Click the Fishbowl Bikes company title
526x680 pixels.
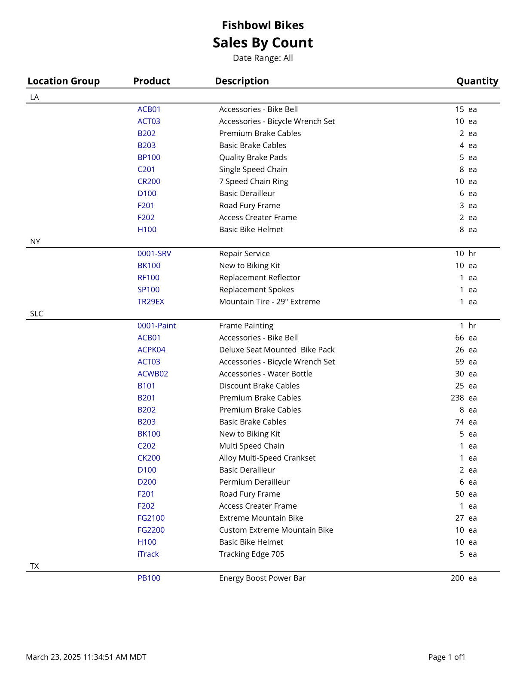click(x=263, y=25)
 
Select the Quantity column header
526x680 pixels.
click(x=477, y=81)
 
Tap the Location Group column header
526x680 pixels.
click(x=64, y=81)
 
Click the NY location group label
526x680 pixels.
click(x=35, y=242)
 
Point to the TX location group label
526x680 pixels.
click(x=34, y=566)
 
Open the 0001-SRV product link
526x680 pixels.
click(x=154, y=254)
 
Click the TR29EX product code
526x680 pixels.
click(x=151, y=302)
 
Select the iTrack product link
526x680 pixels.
click(x=148, y=554)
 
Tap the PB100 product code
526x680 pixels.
click(x=149, y=578)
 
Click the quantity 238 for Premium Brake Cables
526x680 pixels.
click(x=457, y=398)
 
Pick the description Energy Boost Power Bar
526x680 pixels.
click(x=262, y=578)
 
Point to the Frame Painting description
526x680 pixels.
click(x=246, y=326)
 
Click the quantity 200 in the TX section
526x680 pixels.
click(x=457, y=578)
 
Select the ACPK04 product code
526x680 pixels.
click(x=151, y=350)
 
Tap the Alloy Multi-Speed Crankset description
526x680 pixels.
click(x=267, y=458)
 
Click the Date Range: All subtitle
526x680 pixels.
click(x=263, y=58)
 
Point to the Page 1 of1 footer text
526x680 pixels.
click(x=446, y=657)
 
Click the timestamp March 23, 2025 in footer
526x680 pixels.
click(x=86, y=657)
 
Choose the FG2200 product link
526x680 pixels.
click(x=151, y=530)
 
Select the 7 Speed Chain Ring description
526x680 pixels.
click(x=254, y=182)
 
